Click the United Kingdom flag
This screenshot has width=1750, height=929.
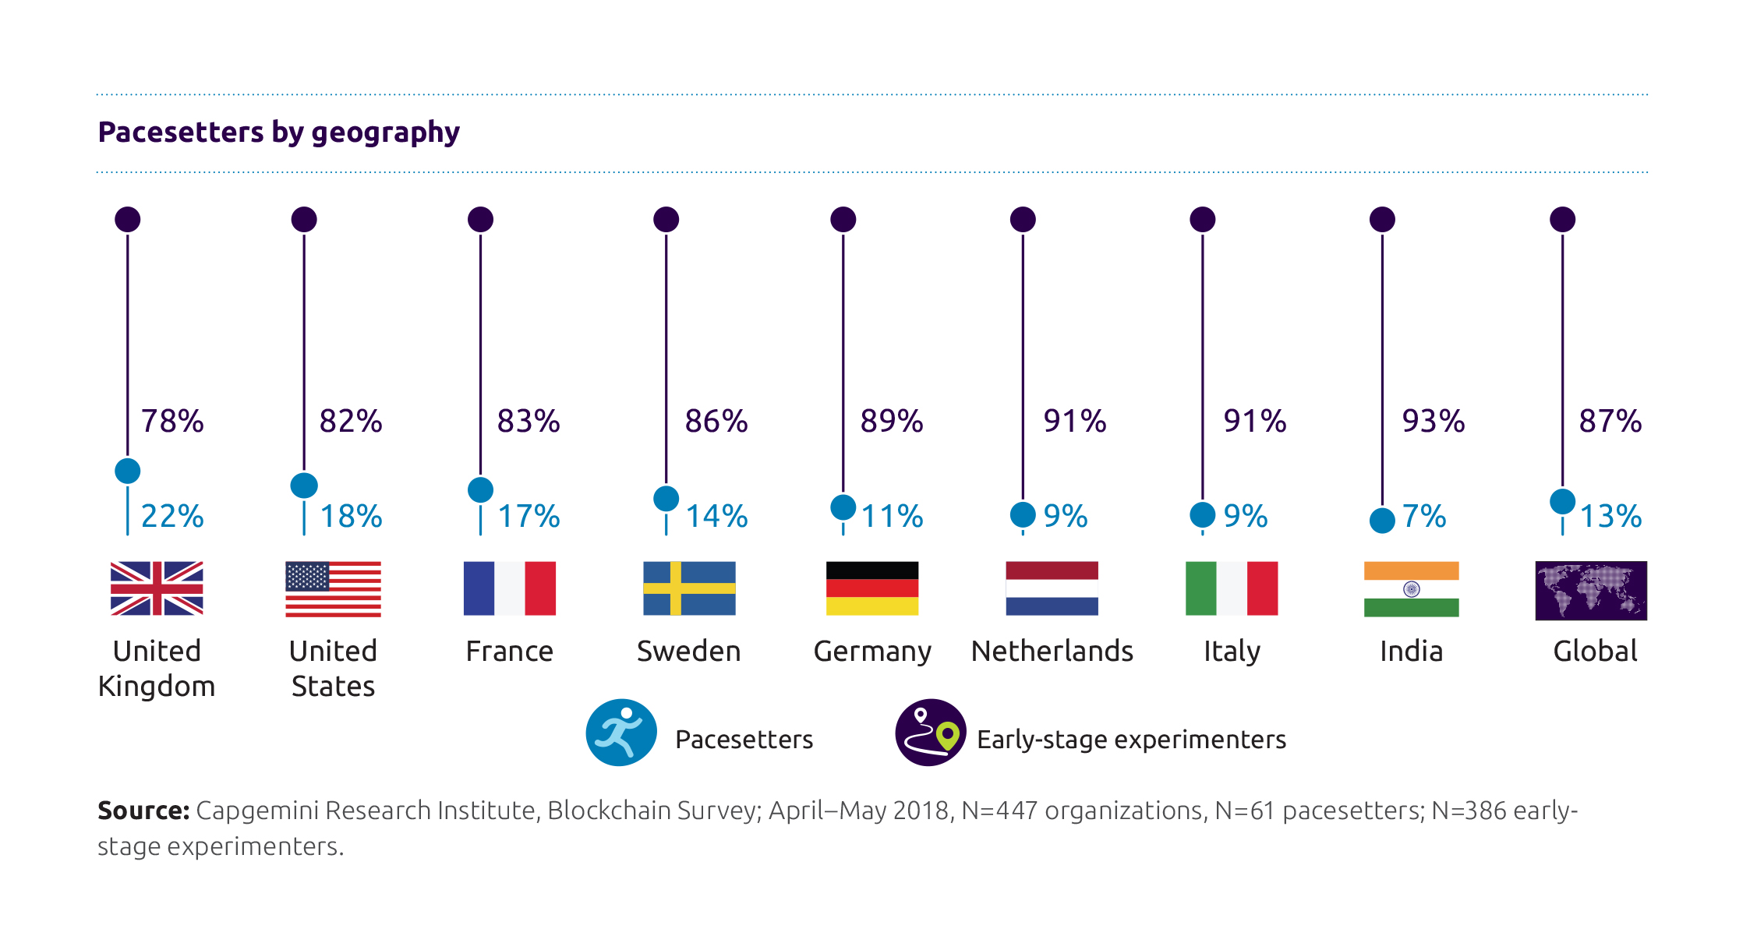tap(157, 588)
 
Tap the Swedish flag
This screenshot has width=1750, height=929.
tap(689, 588)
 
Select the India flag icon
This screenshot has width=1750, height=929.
tap(1411, 588)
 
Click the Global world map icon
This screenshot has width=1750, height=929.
tap(1591, 590)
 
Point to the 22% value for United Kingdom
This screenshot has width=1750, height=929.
tap(172, 516)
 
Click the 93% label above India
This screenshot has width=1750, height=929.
tap(1433, 421)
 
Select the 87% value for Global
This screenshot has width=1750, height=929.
tap(1610, 421)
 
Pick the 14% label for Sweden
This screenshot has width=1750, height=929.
tap(716, 516)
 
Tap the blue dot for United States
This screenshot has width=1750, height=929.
tap(304, 486)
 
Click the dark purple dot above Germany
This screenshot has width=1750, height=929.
tap(843, 220)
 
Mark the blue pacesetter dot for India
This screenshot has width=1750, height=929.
tap(1382, 521)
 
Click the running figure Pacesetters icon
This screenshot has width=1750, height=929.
tap(621, 733)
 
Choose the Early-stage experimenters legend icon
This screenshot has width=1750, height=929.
tap(931, 733)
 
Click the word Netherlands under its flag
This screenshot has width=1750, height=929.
tap(1052, 651)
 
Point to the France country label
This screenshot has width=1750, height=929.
tap(509, 651)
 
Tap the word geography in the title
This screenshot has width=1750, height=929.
tap(385, 133)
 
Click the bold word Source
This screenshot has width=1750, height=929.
tap(143, 811)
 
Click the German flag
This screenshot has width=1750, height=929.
tap(872, 588)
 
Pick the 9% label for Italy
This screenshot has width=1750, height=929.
tap(1245, 516)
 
